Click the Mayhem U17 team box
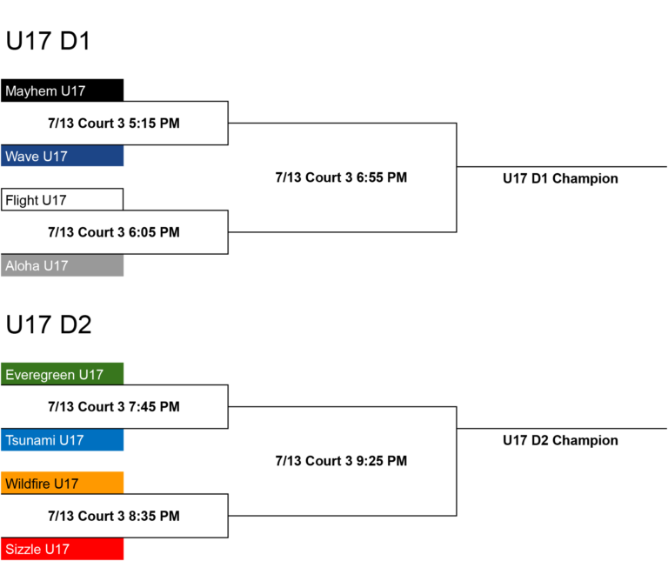pos(63,90)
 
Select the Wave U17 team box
pos(63,156)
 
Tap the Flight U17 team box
pos(63,199)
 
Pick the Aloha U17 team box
pos(63,265)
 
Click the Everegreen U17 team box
pos(63,374)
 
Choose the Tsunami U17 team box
pos(63,439)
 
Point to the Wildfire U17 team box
pos(63,483)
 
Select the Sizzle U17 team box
pos(63,549)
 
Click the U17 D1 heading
pos(48,41)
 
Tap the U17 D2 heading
pos(49,324)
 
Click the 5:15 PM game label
pos(114,124)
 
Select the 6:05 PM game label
pos(114,232)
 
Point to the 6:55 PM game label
pos(341,177)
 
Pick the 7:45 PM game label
pos(114,406)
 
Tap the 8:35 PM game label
pos(114,516)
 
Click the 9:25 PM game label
pos(341,460)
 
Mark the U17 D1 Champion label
pos(560,178)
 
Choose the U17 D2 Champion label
pos(560,440)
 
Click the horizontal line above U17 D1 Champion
pos(562,166)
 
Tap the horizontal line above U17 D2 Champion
pos(562,429)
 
